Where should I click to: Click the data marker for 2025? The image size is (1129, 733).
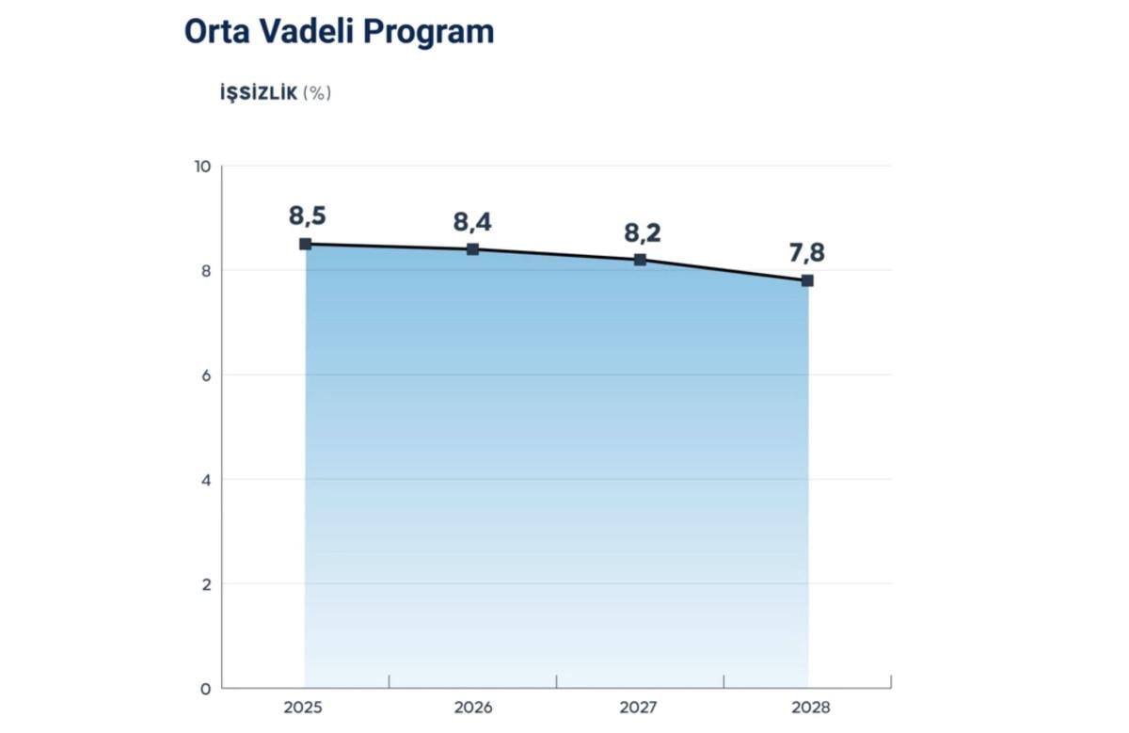(305, 244)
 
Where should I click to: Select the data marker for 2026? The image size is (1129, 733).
(472, 249)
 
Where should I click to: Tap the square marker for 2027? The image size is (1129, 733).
(640, 260)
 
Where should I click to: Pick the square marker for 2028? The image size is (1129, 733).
(807, 280)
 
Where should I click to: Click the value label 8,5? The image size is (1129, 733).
(307, 215)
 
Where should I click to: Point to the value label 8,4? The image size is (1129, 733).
(472, 222)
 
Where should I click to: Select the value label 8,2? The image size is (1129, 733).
(642, 232)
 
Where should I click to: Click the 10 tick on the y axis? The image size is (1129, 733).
(201, 167)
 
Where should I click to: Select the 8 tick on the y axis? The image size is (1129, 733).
(204, 271)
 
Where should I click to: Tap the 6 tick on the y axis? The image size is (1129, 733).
(204, 375)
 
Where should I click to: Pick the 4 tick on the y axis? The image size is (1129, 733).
(204, 480)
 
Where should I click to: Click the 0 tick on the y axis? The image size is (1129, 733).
(204, 689)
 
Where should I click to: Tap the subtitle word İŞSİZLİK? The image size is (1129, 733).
(258, 93)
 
